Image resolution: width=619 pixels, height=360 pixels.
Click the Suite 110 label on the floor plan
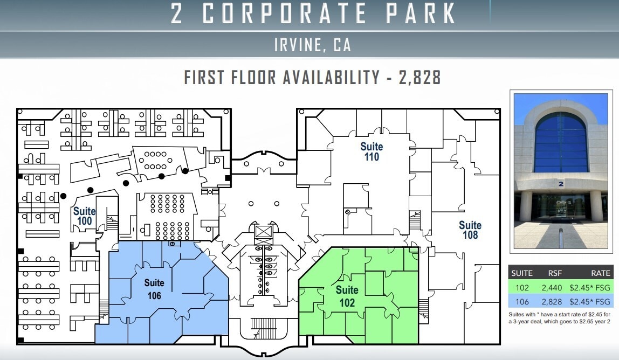pyautogui.click(x=372, y=151)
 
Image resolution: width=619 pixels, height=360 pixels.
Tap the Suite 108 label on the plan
pyautogui.click(x=470, y=230)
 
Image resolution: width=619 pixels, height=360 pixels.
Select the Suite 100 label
pyautogui.click(x=85, y=216)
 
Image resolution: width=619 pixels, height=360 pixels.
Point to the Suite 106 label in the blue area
pyautogui.click(x=154, y=289)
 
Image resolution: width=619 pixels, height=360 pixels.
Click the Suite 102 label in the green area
pyautogui.click(x=347, y=297)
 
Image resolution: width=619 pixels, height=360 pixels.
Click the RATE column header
pyautogui.click(x=601, y=273)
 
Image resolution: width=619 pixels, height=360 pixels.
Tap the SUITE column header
pyautogui.click(x=521, y=273)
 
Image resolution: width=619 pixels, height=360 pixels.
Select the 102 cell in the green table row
pyautogui.click(x=522, y=288)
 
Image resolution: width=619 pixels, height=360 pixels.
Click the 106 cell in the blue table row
pyautogui.click(x=522, y=302)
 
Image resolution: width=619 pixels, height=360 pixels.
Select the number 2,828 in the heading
pyautogui.click(x=420, y=78)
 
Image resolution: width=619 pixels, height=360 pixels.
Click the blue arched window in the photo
pyautogui.click(x=561, y=142)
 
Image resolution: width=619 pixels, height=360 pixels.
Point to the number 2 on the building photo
pyautogui.click(x=561, y=184)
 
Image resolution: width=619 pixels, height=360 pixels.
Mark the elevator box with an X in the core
pyautogui.click(x=265, y=232)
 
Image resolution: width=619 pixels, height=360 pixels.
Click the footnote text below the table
pyautogui.click(x=561, y=318)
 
